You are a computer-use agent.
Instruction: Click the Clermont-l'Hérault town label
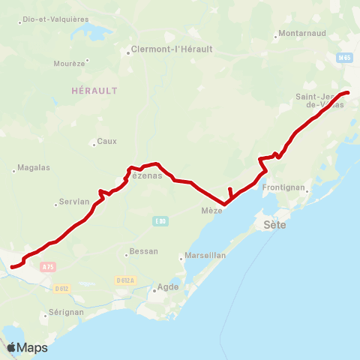pyautogui.click(x=172, y=49)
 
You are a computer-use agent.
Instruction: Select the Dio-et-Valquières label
pyautogui.click(x=55, y=19)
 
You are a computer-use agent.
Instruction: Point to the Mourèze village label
pyautogui.click(x=69, y=64)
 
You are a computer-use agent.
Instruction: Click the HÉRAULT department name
pyautogui.click(x=94, y=90)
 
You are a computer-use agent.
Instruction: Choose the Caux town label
pyautogui.click(x=108, y=141)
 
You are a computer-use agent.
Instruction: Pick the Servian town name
pyautogui.click(x=75, y=202)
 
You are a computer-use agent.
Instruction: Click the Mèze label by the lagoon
pyautogui.click(x=212, y=211)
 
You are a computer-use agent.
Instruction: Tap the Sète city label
pyautogui.click(x=276, y=224)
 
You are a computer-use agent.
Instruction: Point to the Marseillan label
pyautogui.click(x=206, y=256)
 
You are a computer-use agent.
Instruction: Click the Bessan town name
pyautogui.click(x=144, y=251)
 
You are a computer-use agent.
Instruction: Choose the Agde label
pyautogui.click(x=168, y=287)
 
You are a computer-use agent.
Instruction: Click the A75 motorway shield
pyautogui.click(x=48, y=266)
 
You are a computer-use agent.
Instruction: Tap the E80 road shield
pyautogui.click(x=160, y=220)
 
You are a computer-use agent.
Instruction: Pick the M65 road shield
pyautogui.click(x=344, y=57)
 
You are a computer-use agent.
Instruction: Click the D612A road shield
pyautogui.click(x=125, y=280)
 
